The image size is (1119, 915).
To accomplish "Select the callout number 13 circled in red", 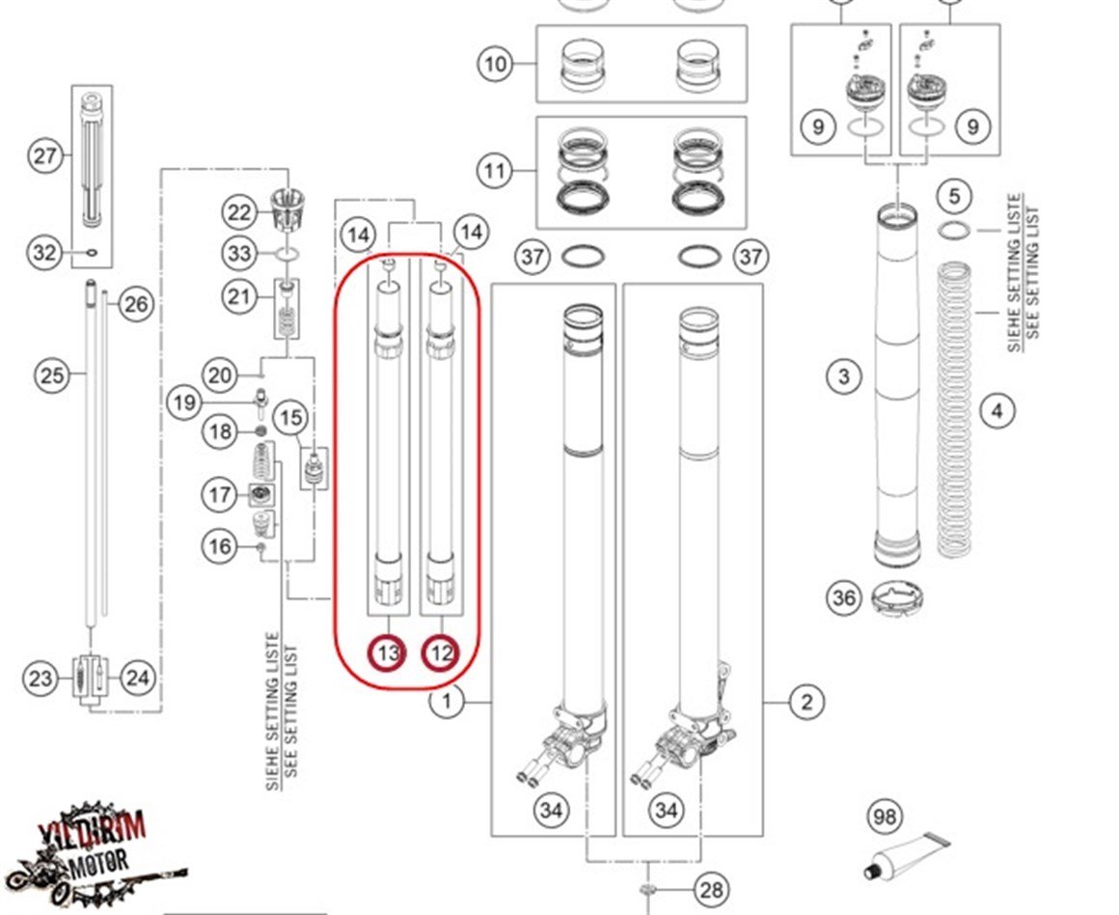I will click(x=388, y=653).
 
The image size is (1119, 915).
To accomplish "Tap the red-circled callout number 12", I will click(x=442, y=653).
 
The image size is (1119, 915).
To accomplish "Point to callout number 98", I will click(x=884, y=817).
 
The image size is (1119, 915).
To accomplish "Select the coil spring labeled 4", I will click(x=954, y=410).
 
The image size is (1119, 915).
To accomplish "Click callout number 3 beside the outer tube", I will click(x=844, y=376).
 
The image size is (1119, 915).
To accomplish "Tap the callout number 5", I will click(x=954, y=197).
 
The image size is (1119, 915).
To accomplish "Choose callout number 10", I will click(x=495, y=65).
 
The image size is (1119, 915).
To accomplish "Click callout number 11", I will click(x=495, y=173).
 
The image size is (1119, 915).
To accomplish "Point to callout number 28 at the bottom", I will click(x=711, y=890).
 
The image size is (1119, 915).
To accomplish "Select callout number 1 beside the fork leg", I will click(x=447, y=702).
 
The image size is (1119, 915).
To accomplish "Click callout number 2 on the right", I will click(x=806, y=702).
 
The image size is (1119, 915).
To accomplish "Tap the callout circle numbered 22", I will click(x=238, y=212).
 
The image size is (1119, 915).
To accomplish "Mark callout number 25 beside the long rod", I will click(x=53, y=374).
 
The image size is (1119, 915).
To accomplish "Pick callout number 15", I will click(x=289, y=418).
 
